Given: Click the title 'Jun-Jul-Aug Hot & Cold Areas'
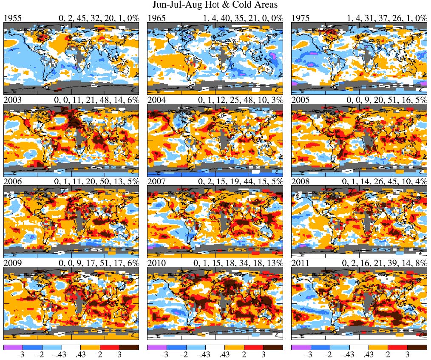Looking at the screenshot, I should click(x=215, y=6).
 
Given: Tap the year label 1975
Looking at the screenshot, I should click(x=300, y=18).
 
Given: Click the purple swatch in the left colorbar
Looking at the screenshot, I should click(x=13, y=347).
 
